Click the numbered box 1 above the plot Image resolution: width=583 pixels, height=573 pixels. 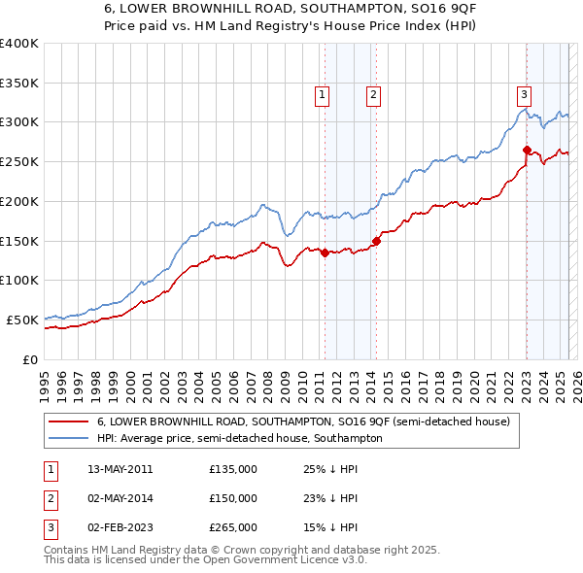click(x=322, y=94)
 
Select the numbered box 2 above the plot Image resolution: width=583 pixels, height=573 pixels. click(x=373, y=94)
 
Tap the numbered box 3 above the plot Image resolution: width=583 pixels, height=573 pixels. click(x=524, y=94)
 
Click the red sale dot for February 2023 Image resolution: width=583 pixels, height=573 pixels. click(x=527, y=150)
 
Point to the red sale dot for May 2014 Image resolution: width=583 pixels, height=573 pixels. click(x=376, y=241)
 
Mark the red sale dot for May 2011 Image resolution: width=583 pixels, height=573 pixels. click(x=325, y=253)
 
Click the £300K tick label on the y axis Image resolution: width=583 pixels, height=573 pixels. click(x=18, y=122)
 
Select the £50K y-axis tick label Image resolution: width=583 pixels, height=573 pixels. click(x=21, y=320)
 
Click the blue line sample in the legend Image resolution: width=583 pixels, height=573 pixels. click(x=70, y=438)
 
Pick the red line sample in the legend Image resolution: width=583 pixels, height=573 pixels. click(x=70, y=421)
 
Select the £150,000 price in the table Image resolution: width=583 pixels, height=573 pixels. click(x=232, y=498)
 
